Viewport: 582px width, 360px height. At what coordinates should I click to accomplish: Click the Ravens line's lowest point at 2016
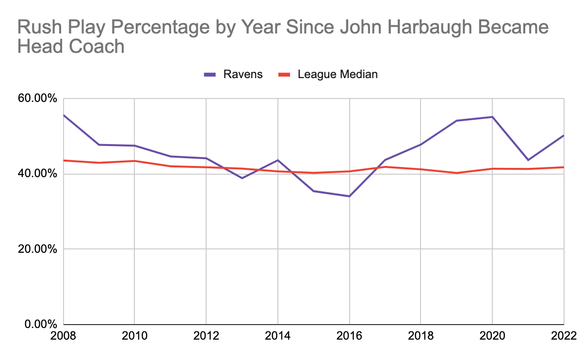point(349,196)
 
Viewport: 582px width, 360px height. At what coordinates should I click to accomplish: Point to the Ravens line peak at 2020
point(492,117)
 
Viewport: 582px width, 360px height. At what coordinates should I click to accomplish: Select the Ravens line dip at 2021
point(528,160)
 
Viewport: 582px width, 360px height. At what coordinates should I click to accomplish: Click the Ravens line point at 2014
point(278,160)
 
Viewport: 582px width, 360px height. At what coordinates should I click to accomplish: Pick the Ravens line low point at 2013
point(242,178)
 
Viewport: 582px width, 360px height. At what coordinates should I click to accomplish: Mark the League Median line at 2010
point(134,161)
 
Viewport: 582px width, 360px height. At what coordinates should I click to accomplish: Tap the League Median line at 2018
point(421,169)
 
